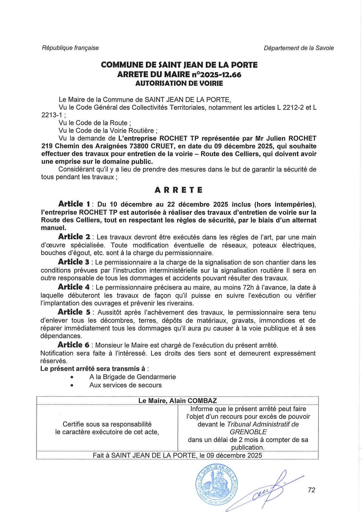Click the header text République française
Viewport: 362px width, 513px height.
coord(70,48)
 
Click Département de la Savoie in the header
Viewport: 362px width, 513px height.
coord(299,48)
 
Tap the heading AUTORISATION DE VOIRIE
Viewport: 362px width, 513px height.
coord(179,84)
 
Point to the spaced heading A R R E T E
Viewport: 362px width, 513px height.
coord(178,190)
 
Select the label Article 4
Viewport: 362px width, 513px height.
coord(74,287)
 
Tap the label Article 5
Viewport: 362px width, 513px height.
coord(74,312)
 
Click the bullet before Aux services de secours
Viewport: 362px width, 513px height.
coord(72,385)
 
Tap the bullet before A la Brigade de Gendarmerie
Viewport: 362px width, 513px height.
coord(72,377)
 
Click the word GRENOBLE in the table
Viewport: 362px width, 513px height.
coord(248,432)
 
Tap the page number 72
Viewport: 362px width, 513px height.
coord(311,490)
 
